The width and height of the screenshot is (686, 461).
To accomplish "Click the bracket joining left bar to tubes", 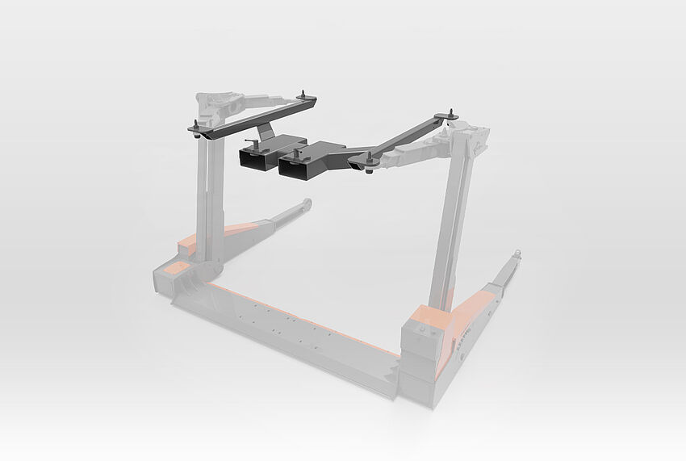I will click(265, 128).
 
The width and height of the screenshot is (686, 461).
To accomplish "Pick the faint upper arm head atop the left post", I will click(216, 103).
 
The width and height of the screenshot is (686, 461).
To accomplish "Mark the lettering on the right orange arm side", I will click(465, 333).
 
